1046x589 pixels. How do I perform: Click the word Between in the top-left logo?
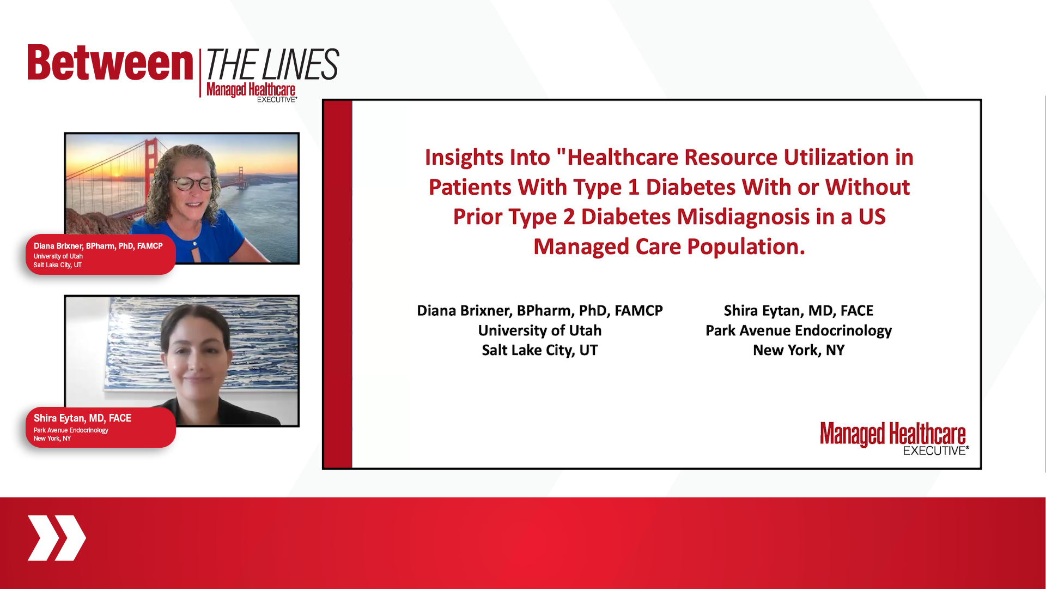[x=111, y=63]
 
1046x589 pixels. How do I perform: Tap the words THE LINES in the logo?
[x=272, y=64]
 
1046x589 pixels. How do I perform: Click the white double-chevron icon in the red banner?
[x=57, y=538]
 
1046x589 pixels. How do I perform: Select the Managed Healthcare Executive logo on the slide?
[x=894, y=438]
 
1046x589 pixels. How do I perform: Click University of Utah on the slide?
[x=540, y=330]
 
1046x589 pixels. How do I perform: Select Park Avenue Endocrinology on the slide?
[x=799, y=330]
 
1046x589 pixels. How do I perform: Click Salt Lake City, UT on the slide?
[x=540, y=350]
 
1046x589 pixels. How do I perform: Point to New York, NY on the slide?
[x=799, y=350]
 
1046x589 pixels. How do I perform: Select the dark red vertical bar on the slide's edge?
[x=338, y=284]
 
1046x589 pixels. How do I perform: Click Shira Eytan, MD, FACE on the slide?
[x=799, y=311]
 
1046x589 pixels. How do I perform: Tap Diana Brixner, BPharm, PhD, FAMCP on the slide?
[x=540, y=311]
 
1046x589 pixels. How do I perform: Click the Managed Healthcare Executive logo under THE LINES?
[x=251, y=92]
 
